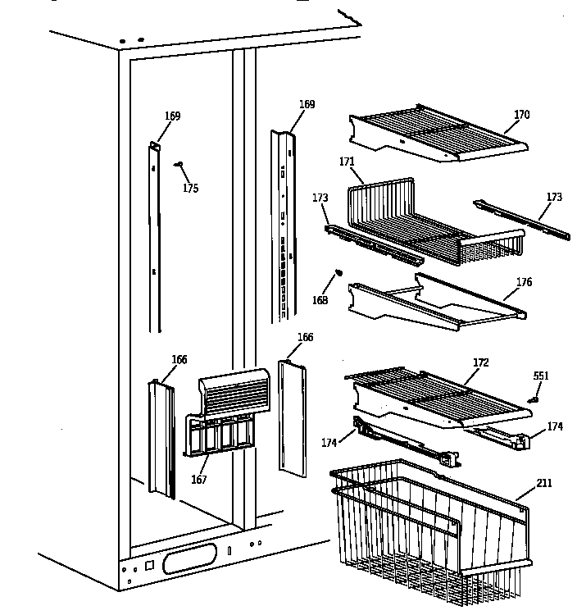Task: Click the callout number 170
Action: coord(522,116)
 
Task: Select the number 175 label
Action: coord(190,189)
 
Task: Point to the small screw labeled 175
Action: coord(178,165)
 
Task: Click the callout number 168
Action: coord(320,300)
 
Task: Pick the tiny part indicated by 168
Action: coord(338,274)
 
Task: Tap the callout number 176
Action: coord(524,283)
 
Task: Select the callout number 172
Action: coord(480,362)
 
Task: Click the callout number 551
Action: coord(541,376)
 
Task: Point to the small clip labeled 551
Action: coord(534,399)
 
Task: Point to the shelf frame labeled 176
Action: coord(434,303)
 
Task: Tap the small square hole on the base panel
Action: coord(149,565)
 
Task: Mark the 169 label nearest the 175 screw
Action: coord(172,116)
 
